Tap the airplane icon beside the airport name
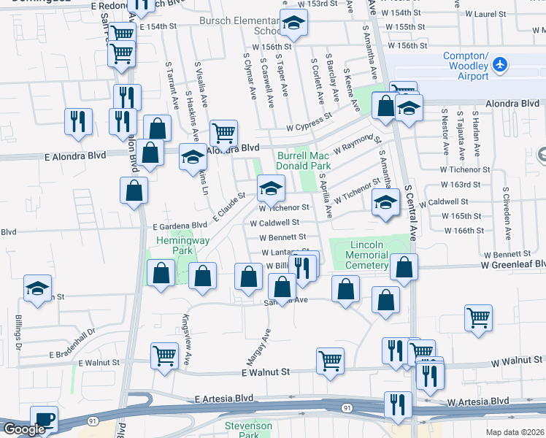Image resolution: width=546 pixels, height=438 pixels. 501,65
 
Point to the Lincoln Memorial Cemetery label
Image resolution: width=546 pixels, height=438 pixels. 368,255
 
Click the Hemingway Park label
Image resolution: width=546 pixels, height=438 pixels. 172,245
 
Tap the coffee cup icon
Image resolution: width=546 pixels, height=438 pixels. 44,419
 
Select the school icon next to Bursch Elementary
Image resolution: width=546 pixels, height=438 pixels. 293,26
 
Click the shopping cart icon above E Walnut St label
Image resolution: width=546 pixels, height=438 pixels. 165,356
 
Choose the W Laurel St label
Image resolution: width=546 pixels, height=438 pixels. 506,14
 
